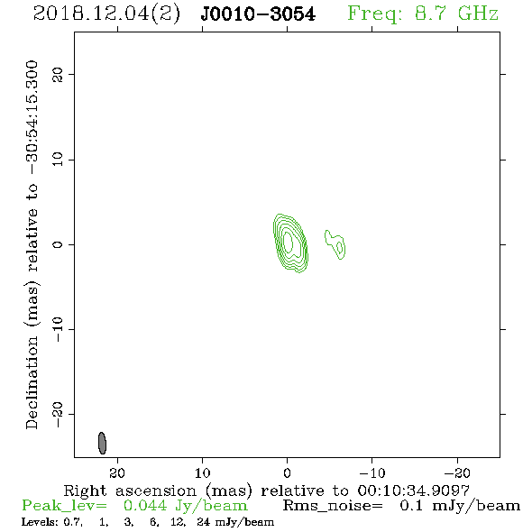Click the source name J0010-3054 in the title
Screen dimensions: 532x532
click(258, 14)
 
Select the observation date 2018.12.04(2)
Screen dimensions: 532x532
click(106, 14)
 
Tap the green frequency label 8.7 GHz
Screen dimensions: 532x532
click(456, 14)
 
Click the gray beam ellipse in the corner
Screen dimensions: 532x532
click(102, 443)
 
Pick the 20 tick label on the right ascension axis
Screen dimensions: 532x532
click(117, 472)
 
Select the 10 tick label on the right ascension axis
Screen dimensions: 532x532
click(202, 472)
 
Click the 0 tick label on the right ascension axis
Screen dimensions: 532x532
click(287, 472)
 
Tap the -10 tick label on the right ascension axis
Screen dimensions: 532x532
click(371, 472)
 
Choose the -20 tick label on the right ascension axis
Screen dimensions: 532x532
click(457, 472)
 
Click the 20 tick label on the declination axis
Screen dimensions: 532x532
click(58, 74)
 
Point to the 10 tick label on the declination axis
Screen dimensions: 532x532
click(58, 159)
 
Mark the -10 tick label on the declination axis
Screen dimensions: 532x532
click(58, 329)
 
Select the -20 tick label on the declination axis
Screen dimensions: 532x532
click(58, 414)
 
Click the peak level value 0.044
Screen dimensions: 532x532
click(145, 506)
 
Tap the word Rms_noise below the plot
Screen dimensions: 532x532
click(333, 506)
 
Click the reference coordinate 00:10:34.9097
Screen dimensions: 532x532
click(413, 491)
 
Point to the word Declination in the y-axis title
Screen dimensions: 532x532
click(32, 382)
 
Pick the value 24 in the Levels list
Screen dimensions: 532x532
click(204, 521)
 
